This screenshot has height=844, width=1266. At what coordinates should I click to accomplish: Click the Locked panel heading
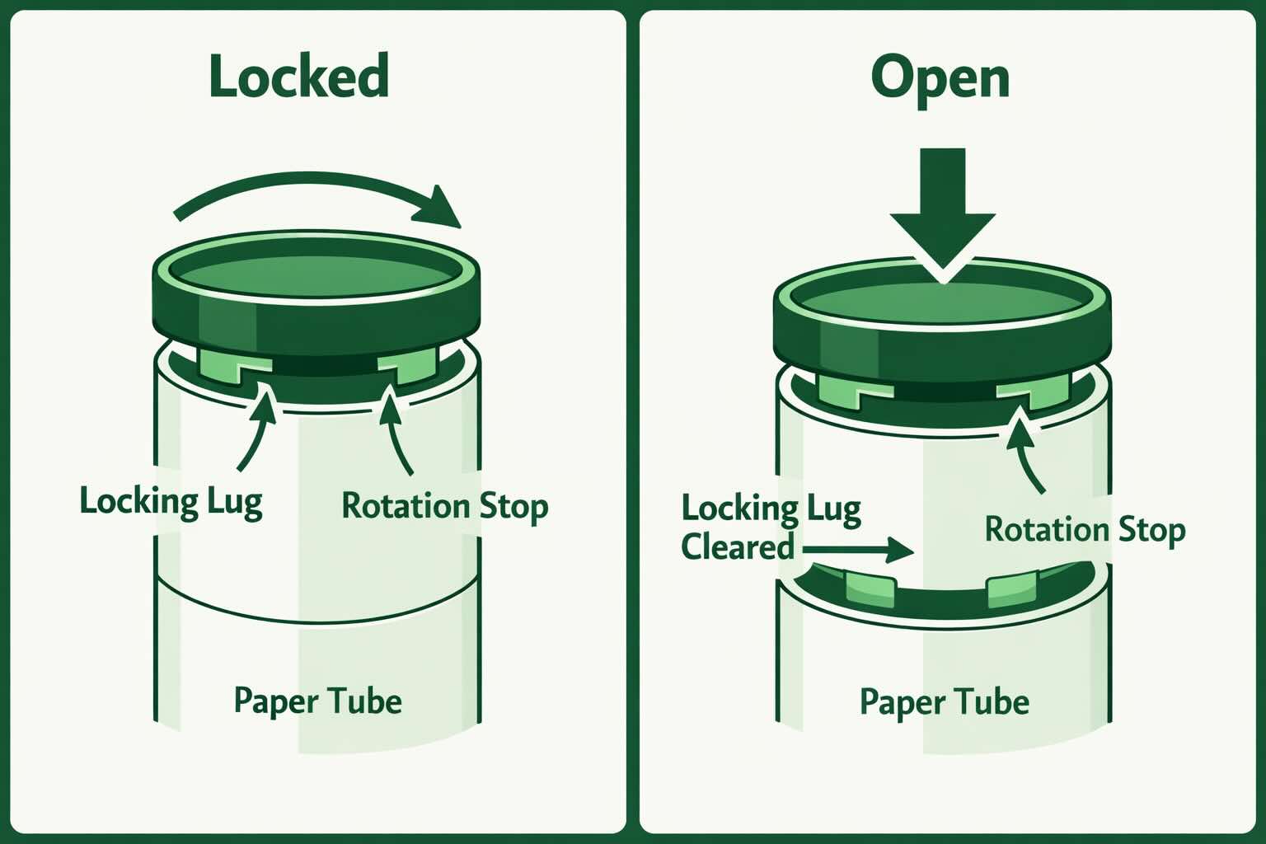(x=298, y=76)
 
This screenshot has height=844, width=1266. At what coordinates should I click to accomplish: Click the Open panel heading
(x=940, y=78)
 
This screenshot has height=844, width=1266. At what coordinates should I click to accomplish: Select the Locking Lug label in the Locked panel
(x=171, y=502)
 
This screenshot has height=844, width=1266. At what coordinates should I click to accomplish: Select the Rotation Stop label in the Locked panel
(x=444, y=506)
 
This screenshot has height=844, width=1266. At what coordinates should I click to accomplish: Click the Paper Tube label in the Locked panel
(x=318, y=701)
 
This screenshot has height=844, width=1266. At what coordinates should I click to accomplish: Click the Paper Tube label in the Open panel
(x=944, y=702)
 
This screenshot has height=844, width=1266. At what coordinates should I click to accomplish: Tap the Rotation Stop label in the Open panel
(x=1085, y=529)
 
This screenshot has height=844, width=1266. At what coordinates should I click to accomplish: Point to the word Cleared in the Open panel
(x=737, y=547)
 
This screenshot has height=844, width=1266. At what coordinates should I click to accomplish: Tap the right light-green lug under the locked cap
(x=409, y=365)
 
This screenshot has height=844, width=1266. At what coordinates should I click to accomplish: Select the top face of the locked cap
(x=317, y=271)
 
